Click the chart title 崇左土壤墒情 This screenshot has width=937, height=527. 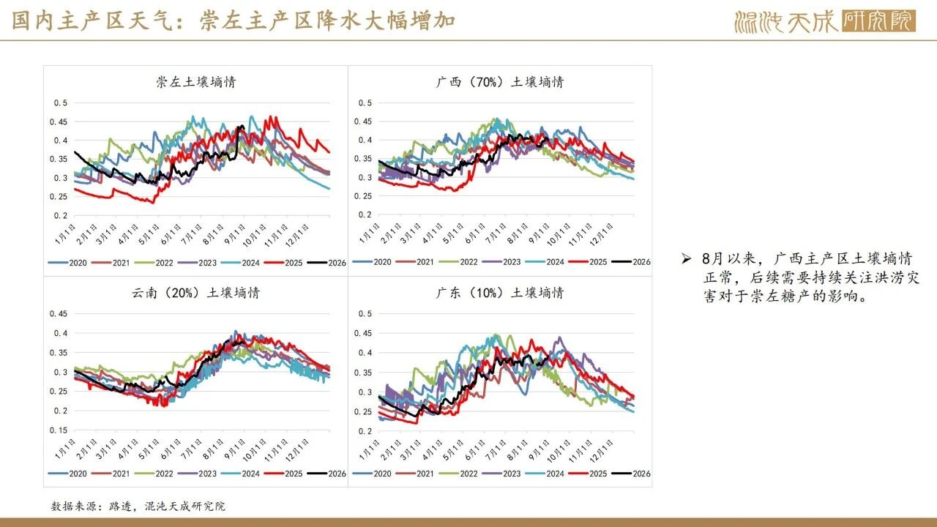pos(196,81)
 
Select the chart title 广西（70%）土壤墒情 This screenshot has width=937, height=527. pos(500,81)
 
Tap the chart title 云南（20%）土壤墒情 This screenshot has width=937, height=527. pos(195,292)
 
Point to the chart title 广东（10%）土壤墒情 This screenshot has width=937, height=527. pos(500,292)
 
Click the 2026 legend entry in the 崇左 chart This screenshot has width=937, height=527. pos(326,263)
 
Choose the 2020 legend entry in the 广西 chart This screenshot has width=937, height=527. pos(372,262)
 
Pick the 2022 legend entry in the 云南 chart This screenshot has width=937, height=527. pos(154,474)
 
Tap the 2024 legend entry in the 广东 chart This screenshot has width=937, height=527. pos(545,474)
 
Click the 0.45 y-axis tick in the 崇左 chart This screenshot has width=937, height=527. pos(58,122)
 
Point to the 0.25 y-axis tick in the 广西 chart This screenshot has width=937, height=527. pos(362,195)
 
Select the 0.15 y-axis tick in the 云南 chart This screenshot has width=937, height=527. pos(58,430)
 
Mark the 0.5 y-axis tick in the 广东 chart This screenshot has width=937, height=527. pos(365,313)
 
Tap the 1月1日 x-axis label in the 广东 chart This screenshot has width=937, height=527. pos(370,450)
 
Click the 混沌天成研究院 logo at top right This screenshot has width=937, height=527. pos(825,21)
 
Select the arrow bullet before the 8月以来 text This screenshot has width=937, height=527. pos(686,259)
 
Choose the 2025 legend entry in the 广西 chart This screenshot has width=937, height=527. pos(588,262)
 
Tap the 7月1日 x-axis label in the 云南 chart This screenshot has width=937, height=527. pos(192,450)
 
